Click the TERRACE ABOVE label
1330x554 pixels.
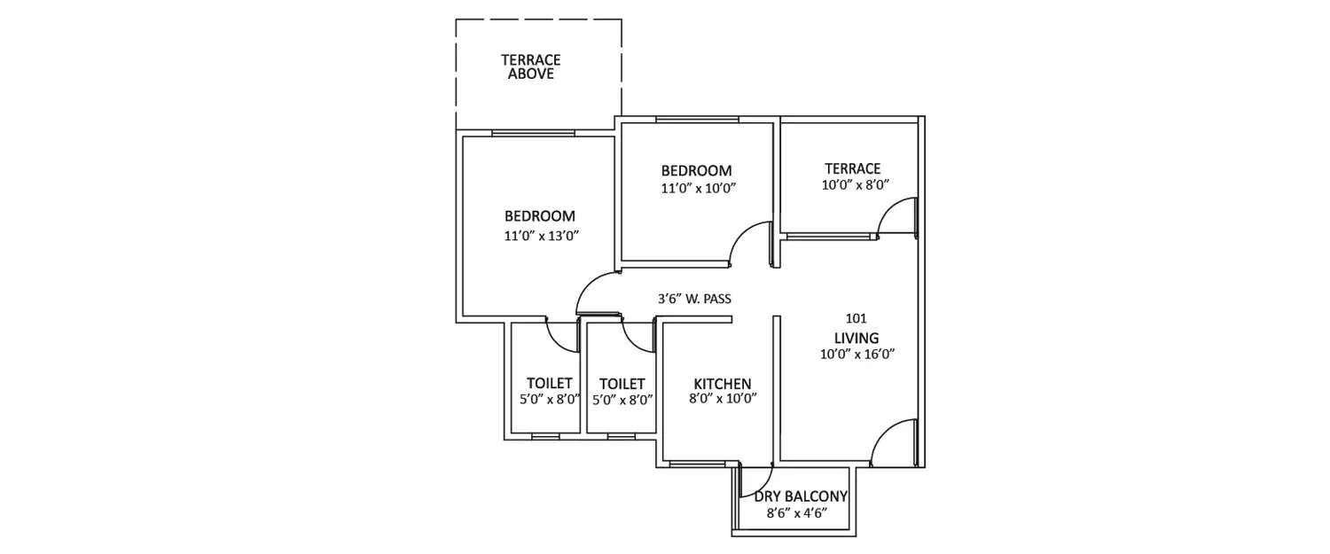pos(530,67)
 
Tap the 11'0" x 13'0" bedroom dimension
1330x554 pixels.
pos(546,236)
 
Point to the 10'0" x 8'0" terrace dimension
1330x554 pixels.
pos(855,185)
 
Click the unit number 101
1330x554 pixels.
pos(856,317)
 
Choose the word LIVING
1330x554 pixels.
pos(856,338)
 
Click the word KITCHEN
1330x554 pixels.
pos(722,384)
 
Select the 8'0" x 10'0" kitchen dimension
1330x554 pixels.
pos(724,400)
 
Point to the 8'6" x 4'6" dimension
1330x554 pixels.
pos(796,513)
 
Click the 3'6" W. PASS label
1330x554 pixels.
pos(694,300)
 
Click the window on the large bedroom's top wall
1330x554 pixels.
pos(533,134)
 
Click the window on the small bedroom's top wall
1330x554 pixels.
pos(697,120)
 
